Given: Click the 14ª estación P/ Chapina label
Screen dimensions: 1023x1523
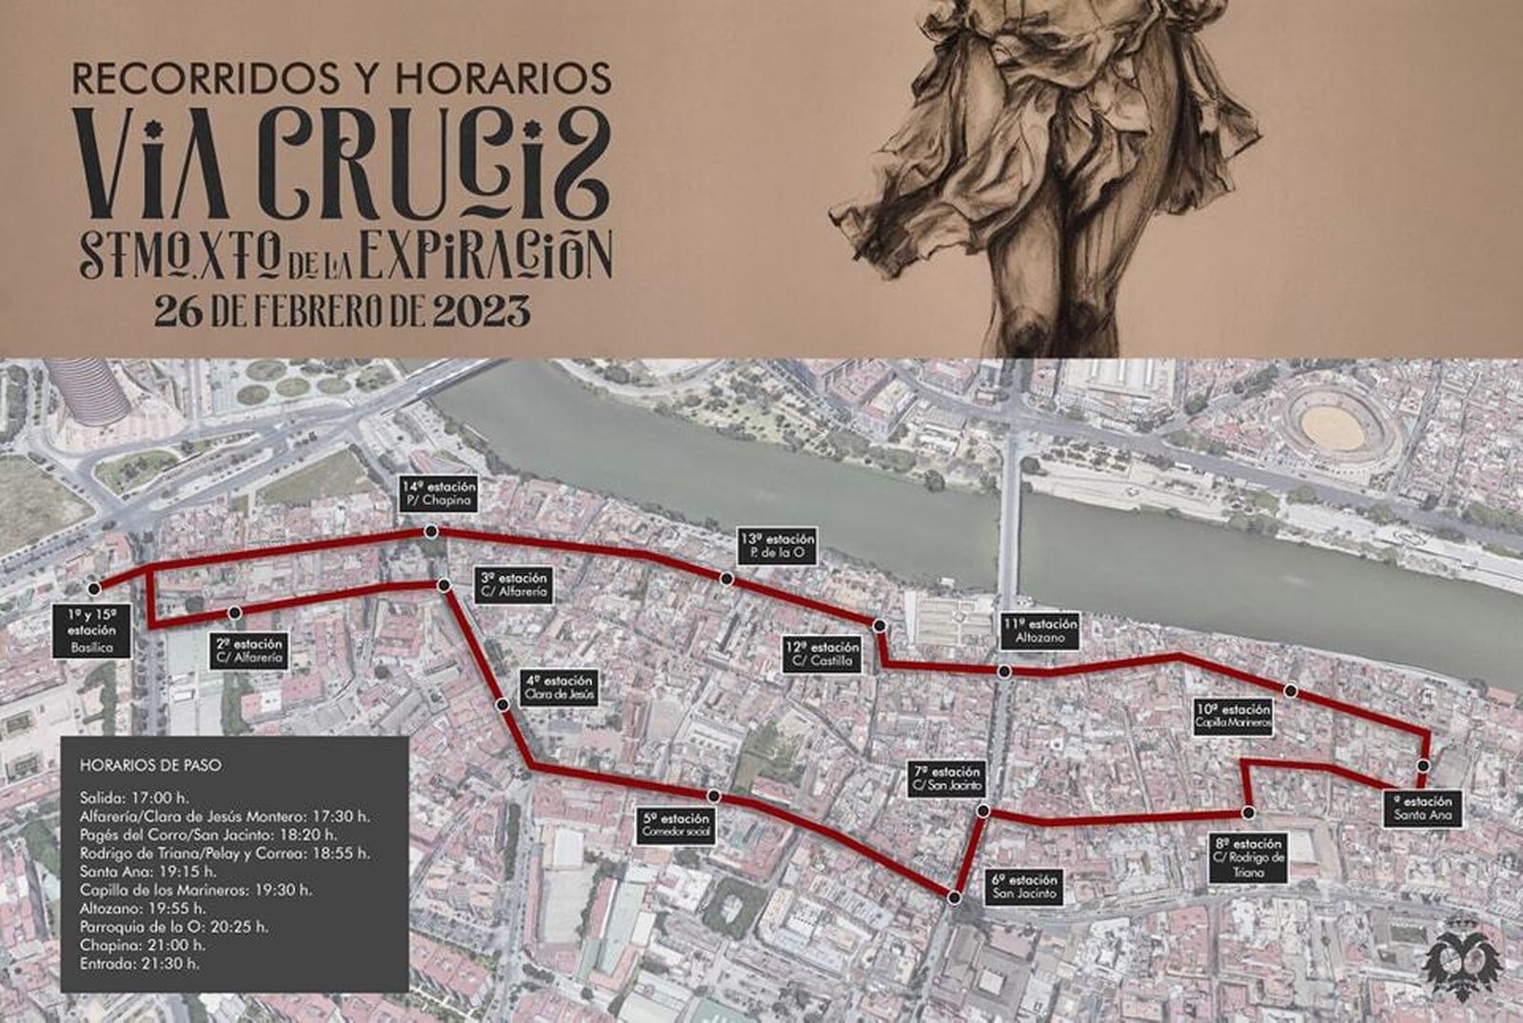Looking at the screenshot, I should (x=437, y=494).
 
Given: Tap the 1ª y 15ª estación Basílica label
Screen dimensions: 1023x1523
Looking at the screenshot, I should (x=91, y=631).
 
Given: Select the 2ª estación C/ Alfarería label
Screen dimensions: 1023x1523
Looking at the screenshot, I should (x=250, y=650).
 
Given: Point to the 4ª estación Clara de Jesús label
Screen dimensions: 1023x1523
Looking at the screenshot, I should (x=559, y=688).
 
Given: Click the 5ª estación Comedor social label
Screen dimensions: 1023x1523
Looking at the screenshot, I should (x=676, y=825).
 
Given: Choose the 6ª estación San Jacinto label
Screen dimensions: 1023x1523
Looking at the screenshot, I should (x=1024, y=887).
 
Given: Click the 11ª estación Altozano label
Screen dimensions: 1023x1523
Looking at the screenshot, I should (x=1039, y=631).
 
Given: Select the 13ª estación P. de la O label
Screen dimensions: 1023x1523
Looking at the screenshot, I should (x=777, y=545).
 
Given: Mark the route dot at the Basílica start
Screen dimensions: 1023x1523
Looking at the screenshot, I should (x=92, y=587).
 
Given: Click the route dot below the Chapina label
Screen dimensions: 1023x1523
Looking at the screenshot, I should (x=431, y=532).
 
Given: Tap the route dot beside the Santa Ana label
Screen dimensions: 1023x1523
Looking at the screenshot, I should (x=1423, y=766).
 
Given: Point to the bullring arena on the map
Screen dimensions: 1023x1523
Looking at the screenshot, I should (x=1340, y=420).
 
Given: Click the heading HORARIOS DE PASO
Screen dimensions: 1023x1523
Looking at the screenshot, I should (x=150, y=765).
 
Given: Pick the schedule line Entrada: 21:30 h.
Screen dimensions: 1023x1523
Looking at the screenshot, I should (x=140, y=963).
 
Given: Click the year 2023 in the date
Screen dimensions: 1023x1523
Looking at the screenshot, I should (x=481, y=310).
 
